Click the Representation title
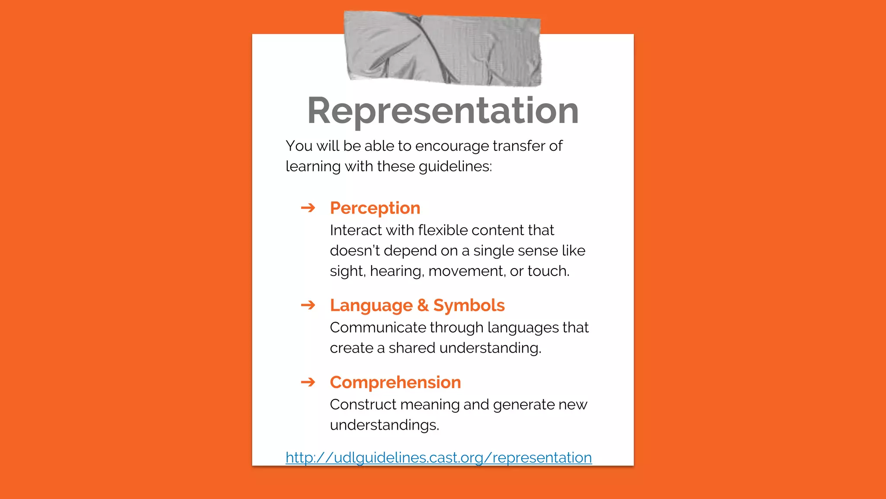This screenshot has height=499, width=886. coord(443,111)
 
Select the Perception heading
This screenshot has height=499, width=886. coord(375,208)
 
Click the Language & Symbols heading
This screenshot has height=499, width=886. coord(417,305)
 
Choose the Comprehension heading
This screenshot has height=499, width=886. coord(395,382)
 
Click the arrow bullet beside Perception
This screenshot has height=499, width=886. coord(308,208)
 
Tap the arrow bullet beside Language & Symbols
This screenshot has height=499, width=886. coord(308,305)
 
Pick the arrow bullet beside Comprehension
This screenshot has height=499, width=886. coord(308,382)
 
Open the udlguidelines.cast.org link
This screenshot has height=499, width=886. coord(438,457)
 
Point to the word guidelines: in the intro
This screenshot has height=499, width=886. coord(455,167)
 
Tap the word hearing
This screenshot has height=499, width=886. coord(397,271)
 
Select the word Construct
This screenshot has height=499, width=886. coord(363,405)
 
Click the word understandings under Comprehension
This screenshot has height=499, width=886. coord(384,425)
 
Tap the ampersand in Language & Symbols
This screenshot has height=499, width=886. coord(423,305)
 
